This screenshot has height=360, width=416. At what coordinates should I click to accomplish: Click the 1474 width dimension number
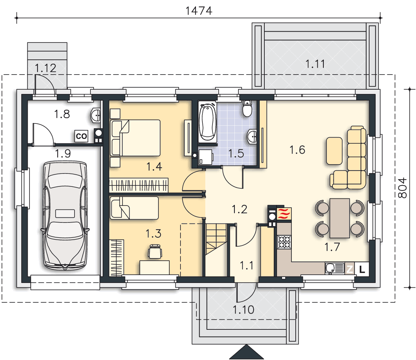199,11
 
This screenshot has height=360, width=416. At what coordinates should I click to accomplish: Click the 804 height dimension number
403,188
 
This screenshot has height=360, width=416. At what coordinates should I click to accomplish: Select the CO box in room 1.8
81,136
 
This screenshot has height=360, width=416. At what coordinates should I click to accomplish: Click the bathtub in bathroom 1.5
207,122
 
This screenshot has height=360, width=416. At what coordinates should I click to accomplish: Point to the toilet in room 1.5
247,108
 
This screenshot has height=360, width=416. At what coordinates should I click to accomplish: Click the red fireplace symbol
284,214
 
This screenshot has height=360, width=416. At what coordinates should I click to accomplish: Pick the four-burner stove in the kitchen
284,242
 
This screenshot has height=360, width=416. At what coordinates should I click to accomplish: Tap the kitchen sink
335,268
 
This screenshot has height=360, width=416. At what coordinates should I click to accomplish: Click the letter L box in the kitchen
362,269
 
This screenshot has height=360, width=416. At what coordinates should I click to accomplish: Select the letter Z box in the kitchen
350,269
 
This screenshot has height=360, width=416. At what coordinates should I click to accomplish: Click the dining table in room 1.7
340,218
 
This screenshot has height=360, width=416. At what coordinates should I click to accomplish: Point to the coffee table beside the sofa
334,151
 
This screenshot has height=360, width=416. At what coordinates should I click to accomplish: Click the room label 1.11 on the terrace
315,64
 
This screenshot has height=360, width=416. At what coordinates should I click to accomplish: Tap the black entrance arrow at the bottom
246,352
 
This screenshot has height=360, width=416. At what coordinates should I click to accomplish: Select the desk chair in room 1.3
155,251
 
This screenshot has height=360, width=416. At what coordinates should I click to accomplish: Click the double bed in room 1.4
135,138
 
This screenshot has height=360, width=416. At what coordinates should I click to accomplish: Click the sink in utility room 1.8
96,115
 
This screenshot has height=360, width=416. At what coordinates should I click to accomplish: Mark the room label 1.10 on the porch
243,310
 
